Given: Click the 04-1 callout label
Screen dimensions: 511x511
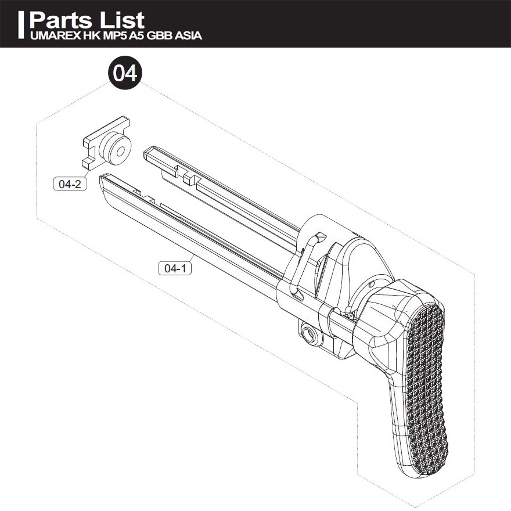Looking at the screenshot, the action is pyautogui.click(x=175, y=268).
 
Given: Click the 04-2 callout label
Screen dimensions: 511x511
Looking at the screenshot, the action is pyautogui.click(x=70, y=184).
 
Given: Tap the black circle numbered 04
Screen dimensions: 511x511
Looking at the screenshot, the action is pyautogui.click(x=125, y=73).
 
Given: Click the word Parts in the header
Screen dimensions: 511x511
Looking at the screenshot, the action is pyautogui.click(x=61, y=20).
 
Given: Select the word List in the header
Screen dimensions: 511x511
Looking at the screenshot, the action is pyautogui.click(x=122, y=20).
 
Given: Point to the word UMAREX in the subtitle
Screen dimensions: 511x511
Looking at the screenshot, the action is pyautogui.click(x=55, y=35).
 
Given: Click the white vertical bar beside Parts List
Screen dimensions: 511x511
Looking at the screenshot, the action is pyautogui.click(x=21, y=25).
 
